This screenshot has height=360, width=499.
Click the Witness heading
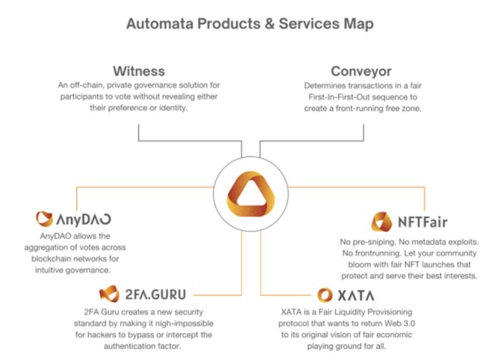(138, 71)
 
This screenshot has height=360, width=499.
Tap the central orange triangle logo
(249, 190)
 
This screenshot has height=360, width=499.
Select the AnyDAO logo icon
(44, 219)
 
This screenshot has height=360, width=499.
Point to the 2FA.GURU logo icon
(109, 294)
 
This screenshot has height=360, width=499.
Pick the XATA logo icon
(326, 295)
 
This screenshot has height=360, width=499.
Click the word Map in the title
(358, 25)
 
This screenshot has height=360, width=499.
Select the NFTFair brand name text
(423, 222)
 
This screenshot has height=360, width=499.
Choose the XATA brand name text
(357, 295)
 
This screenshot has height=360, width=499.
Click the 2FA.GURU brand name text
(157, 294)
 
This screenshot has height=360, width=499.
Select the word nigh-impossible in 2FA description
(183, 323)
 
